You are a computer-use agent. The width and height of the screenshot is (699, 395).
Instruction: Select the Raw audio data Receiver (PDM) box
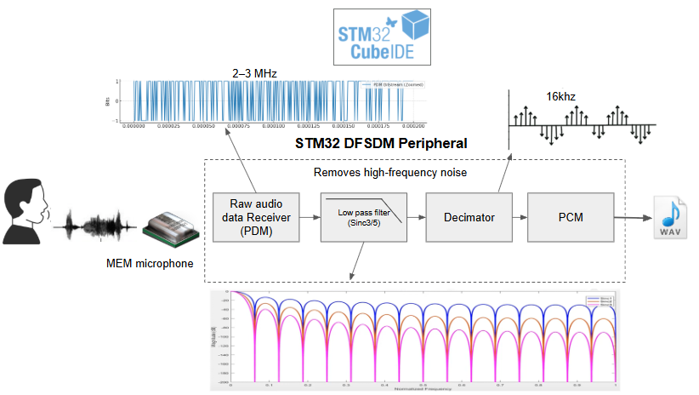click(255, 217)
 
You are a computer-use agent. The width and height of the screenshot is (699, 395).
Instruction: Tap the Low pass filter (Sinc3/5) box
click(363, 217)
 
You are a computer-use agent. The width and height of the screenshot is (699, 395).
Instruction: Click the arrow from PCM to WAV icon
click(630, 217)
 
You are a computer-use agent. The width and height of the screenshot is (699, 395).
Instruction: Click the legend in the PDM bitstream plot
click(391, 85)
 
